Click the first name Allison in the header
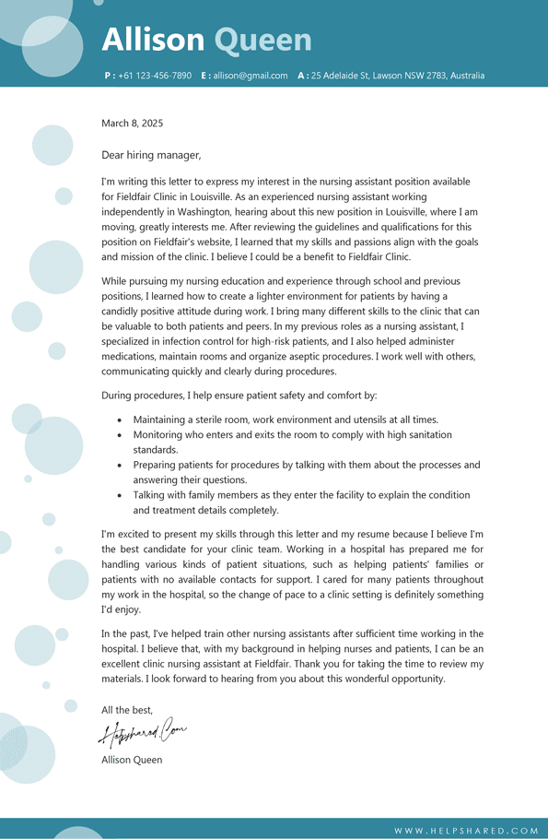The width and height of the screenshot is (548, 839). (x=153, y=40)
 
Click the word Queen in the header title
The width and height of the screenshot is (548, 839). (x=262, y=40)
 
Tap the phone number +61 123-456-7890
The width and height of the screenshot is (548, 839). (x=155, y=76)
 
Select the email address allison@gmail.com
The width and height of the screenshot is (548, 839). (x=251, y=76)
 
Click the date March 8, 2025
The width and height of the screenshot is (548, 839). (x=132, y=123)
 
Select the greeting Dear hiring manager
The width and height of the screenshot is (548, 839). (x=151, y=155)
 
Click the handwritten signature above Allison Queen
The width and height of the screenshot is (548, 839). (x=143, y=733)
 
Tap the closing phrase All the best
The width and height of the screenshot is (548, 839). (x=127, y=710)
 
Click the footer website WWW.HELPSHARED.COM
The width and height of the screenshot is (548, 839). (x=466, y=831)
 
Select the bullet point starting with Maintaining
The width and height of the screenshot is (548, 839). (x=286, y=419)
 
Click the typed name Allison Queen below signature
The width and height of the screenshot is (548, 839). (x=132, y=760)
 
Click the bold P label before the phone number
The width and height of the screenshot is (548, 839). (x=108, y=76)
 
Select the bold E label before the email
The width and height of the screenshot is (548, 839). (x=204, y=76)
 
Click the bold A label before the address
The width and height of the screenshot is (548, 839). (x=301, y=76)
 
